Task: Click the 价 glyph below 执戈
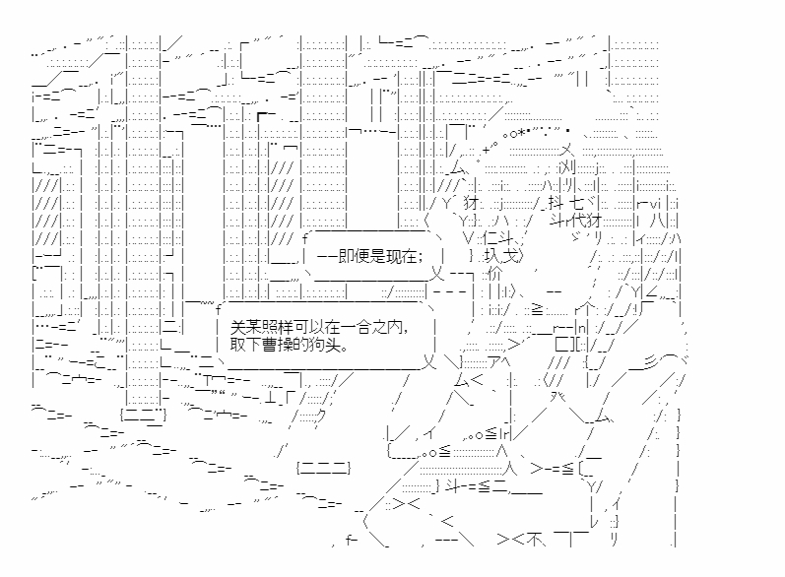pyautogui.click(x=496, y=272)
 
